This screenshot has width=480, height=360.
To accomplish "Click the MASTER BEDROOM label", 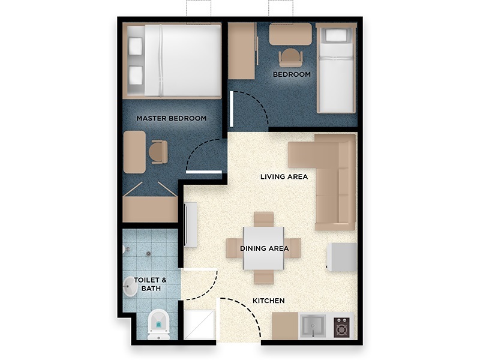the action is point(172,118).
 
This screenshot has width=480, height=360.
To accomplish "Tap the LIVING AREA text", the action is point(284,176).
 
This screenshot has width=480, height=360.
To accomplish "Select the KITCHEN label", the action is point(269,301).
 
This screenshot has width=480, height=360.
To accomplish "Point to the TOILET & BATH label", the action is point(151,284).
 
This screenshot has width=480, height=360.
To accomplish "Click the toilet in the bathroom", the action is point(158,325).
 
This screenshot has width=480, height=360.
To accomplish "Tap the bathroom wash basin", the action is point(130,287).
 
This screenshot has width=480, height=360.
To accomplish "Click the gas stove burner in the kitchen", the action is point(341,327).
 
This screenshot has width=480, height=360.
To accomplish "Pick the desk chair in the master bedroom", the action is point(159,152).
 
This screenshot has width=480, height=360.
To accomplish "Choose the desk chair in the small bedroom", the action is point(290,58).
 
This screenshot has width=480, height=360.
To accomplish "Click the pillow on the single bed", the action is point(335,35).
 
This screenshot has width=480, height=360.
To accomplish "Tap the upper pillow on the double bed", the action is point(136,46).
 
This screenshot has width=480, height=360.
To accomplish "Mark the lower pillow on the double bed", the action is point(136,76).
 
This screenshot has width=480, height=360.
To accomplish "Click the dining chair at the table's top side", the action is point(263,219).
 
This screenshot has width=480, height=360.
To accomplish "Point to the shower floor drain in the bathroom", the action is point(148,253).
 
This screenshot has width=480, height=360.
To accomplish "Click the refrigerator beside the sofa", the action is point(342,257).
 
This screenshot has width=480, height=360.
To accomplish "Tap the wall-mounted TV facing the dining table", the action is point(190,224).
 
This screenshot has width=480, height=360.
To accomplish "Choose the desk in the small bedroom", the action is point(290,34).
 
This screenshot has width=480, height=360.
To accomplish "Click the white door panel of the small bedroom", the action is point(232,109).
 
